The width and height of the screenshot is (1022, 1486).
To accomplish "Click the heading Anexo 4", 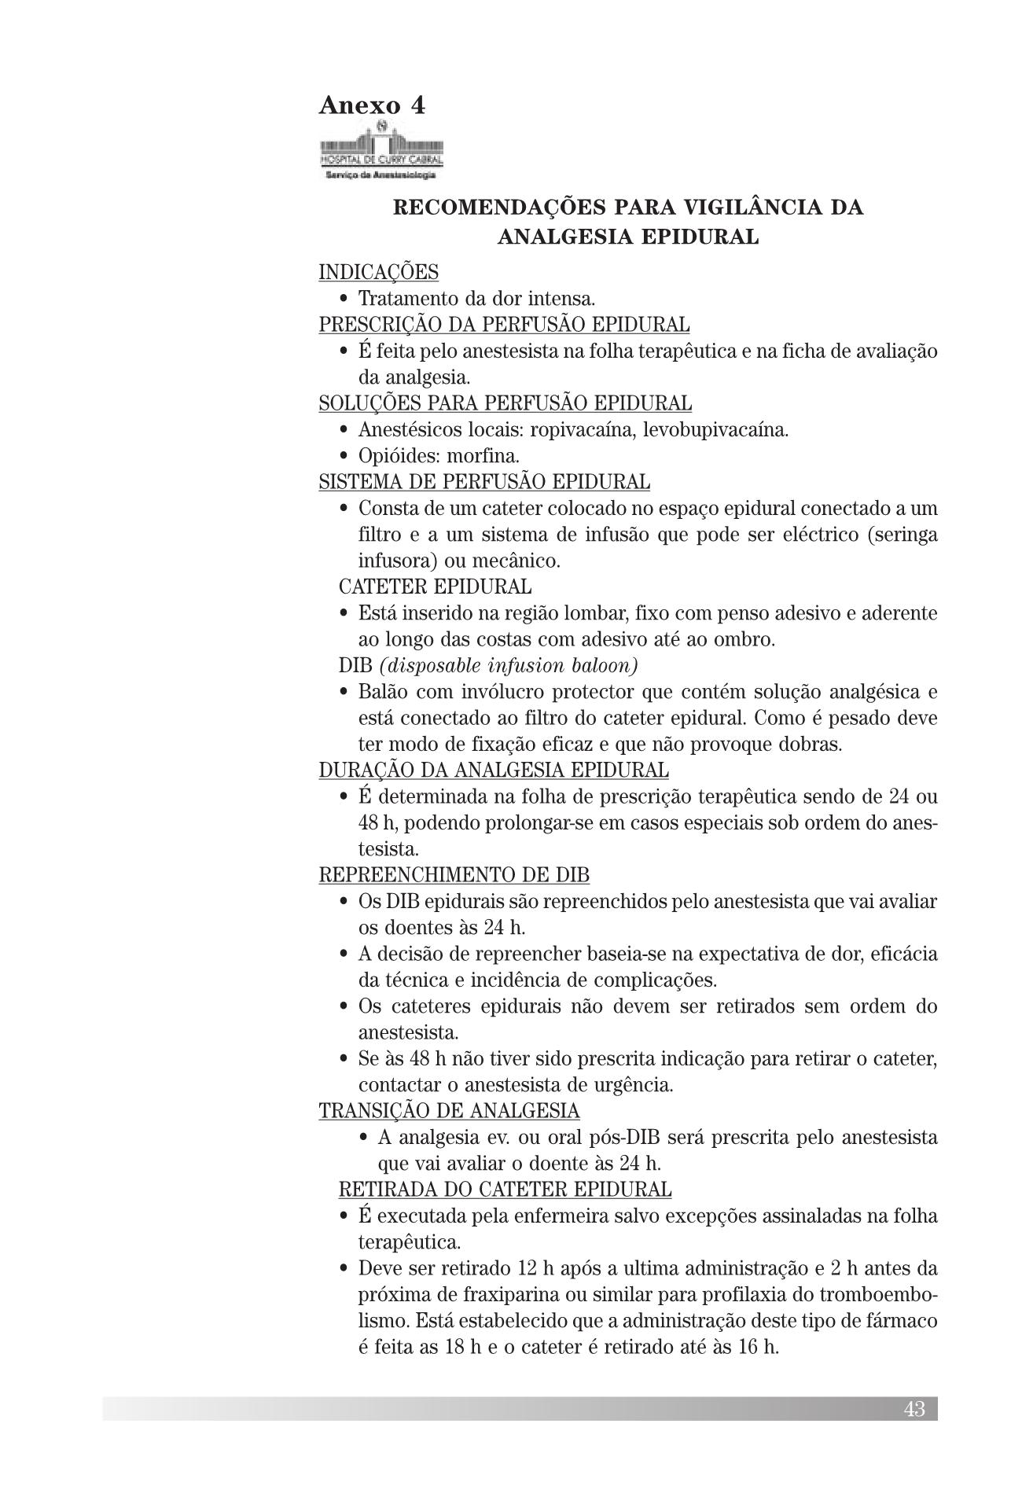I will [x=372, y=105].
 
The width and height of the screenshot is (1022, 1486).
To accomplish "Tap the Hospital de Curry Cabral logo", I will [x=381, y=150].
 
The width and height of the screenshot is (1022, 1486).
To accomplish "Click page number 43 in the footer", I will [x=914, y=1409].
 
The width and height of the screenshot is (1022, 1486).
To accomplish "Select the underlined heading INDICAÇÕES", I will [x=378, y=272].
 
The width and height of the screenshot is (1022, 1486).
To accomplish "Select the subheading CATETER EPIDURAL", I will [x=435, y=587].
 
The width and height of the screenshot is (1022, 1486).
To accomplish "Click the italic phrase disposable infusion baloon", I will [x=508, y=666].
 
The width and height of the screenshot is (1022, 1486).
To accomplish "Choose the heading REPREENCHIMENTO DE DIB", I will [x=454, y=875].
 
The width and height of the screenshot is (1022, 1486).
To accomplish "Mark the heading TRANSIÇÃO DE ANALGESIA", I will [x=449, y=1111].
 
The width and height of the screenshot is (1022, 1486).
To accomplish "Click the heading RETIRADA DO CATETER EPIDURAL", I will [x=505, y=1190].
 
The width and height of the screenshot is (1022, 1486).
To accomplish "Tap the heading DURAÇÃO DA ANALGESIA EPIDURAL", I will [x=494, y=771].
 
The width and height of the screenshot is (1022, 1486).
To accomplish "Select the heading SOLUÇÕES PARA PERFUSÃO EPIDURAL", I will [x=505, y=403].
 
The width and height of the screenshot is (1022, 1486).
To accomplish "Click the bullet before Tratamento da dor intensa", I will [x=344, y=300].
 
